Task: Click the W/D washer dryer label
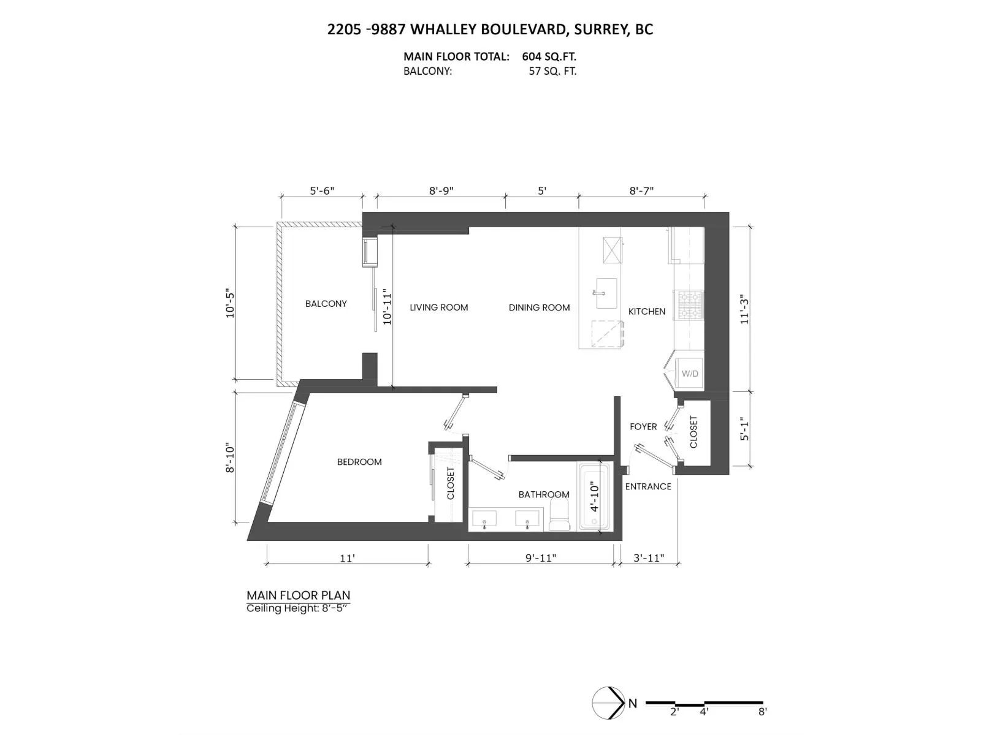pos(690,374)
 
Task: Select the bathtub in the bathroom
pos(594,497)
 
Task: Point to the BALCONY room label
pos(326,304)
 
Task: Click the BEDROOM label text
pos(359,462)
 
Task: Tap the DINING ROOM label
pos(539,307)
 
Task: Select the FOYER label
pos(643,427)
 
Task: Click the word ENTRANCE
pos(648,486)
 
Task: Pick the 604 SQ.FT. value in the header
pos(549,57)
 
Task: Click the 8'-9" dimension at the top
pos(441,190)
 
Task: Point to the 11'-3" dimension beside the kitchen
pos(744,309)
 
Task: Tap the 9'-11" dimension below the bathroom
pos(540,558)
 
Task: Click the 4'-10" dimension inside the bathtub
pos(594,496)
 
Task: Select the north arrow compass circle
pos(608,703)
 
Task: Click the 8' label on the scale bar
pos(763,711)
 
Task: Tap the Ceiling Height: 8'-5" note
pos(297,608)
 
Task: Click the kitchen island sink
pos(606,293)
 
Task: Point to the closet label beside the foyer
pos(693,432)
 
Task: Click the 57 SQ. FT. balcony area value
pos(552,72)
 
